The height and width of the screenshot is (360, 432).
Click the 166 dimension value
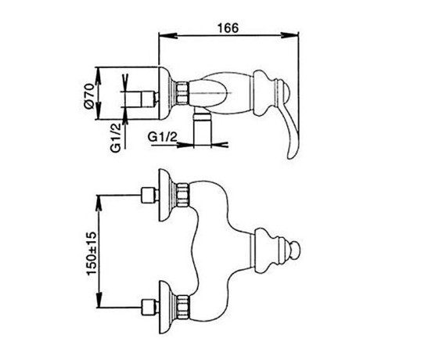228,28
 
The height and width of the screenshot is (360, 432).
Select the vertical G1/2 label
116,138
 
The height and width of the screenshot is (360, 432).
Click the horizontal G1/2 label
163,137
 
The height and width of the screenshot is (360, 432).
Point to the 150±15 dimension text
92,254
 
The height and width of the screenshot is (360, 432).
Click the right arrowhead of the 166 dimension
290,35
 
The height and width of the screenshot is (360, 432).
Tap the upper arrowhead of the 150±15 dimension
99,203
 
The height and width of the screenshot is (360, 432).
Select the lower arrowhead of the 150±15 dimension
99,299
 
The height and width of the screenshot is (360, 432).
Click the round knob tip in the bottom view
295,250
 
